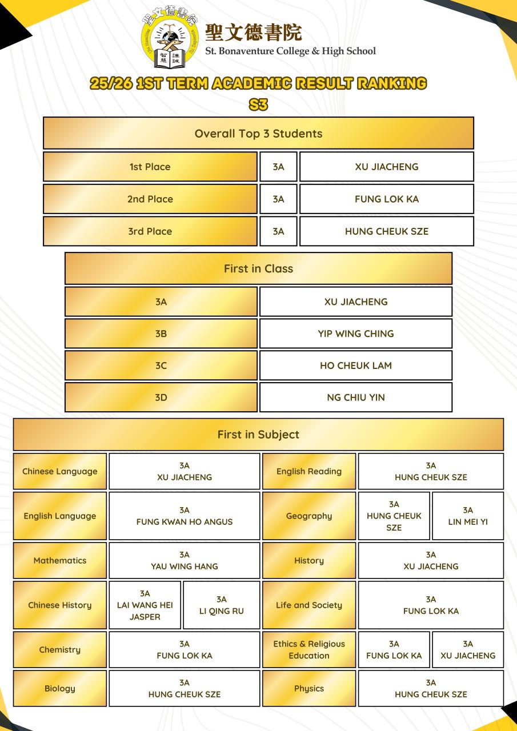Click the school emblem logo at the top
pyautogui.click(x=170, y=37)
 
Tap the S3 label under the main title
pyautogui.click(x=258, y=105)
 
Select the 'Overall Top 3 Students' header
pyautogui.click(x=258, y=133)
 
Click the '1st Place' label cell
pyautogui.click(x=150, y=167)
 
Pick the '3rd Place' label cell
pyautogui.click(x=150, y=231)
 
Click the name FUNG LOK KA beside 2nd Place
pyautogui.click(x=387, y=199)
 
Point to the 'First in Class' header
pyautogui.click(x=258, y=268)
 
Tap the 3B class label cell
pyautogui.click(x=161, y=334)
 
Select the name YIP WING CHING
pyautogui.click(x=356, y=334)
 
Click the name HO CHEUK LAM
pyautogui.click(x=356, y=365)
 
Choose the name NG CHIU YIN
pyautogui.click(x=356, y=397)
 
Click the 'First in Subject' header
pyautogui.click(x=258, y=435)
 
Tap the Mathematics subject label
pyautogui.click(x=60, y=560)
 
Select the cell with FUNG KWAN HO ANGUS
pyautogui.click(x=185, y=516)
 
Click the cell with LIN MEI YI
pyautogui.click(x=468, y=516)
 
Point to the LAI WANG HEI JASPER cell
pyautogui.click(x=145, y=605)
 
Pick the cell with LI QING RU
pyautogui.click(x=222, y=605)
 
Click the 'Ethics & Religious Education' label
pyautogui.click(x=309, y=649)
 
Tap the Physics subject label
pyautogui.click(x=309, y=688)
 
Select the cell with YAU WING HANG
pyautogui.click(x=185, y=560)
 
